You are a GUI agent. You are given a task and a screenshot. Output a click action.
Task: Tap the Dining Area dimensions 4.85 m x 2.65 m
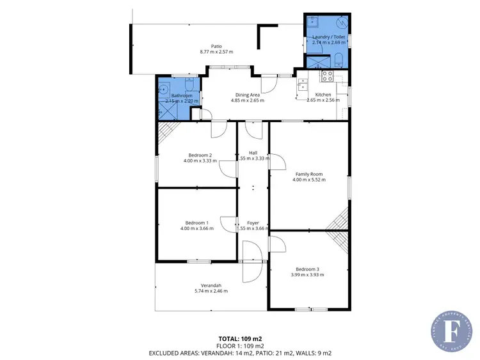pyautogui.click(x=246, y=100)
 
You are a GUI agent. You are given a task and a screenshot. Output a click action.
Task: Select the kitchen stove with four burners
pyautogui.click(x=326, y=76)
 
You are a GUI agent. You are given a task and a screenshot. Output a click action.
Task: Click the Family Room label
pyautogui.click(x=308, y=174)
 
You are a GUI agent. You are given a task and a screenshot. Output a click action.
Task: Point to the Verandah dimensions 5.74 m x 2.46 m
pyautogui.click(x=211, y=291)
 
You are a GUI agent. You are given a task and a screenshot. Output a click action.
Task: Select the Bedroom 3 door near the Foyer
pyautogui.click(x=276, y=243)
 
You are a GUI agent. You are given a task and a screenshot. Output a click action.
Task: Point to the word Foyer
pyautogui.click(x=253, y=223)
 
